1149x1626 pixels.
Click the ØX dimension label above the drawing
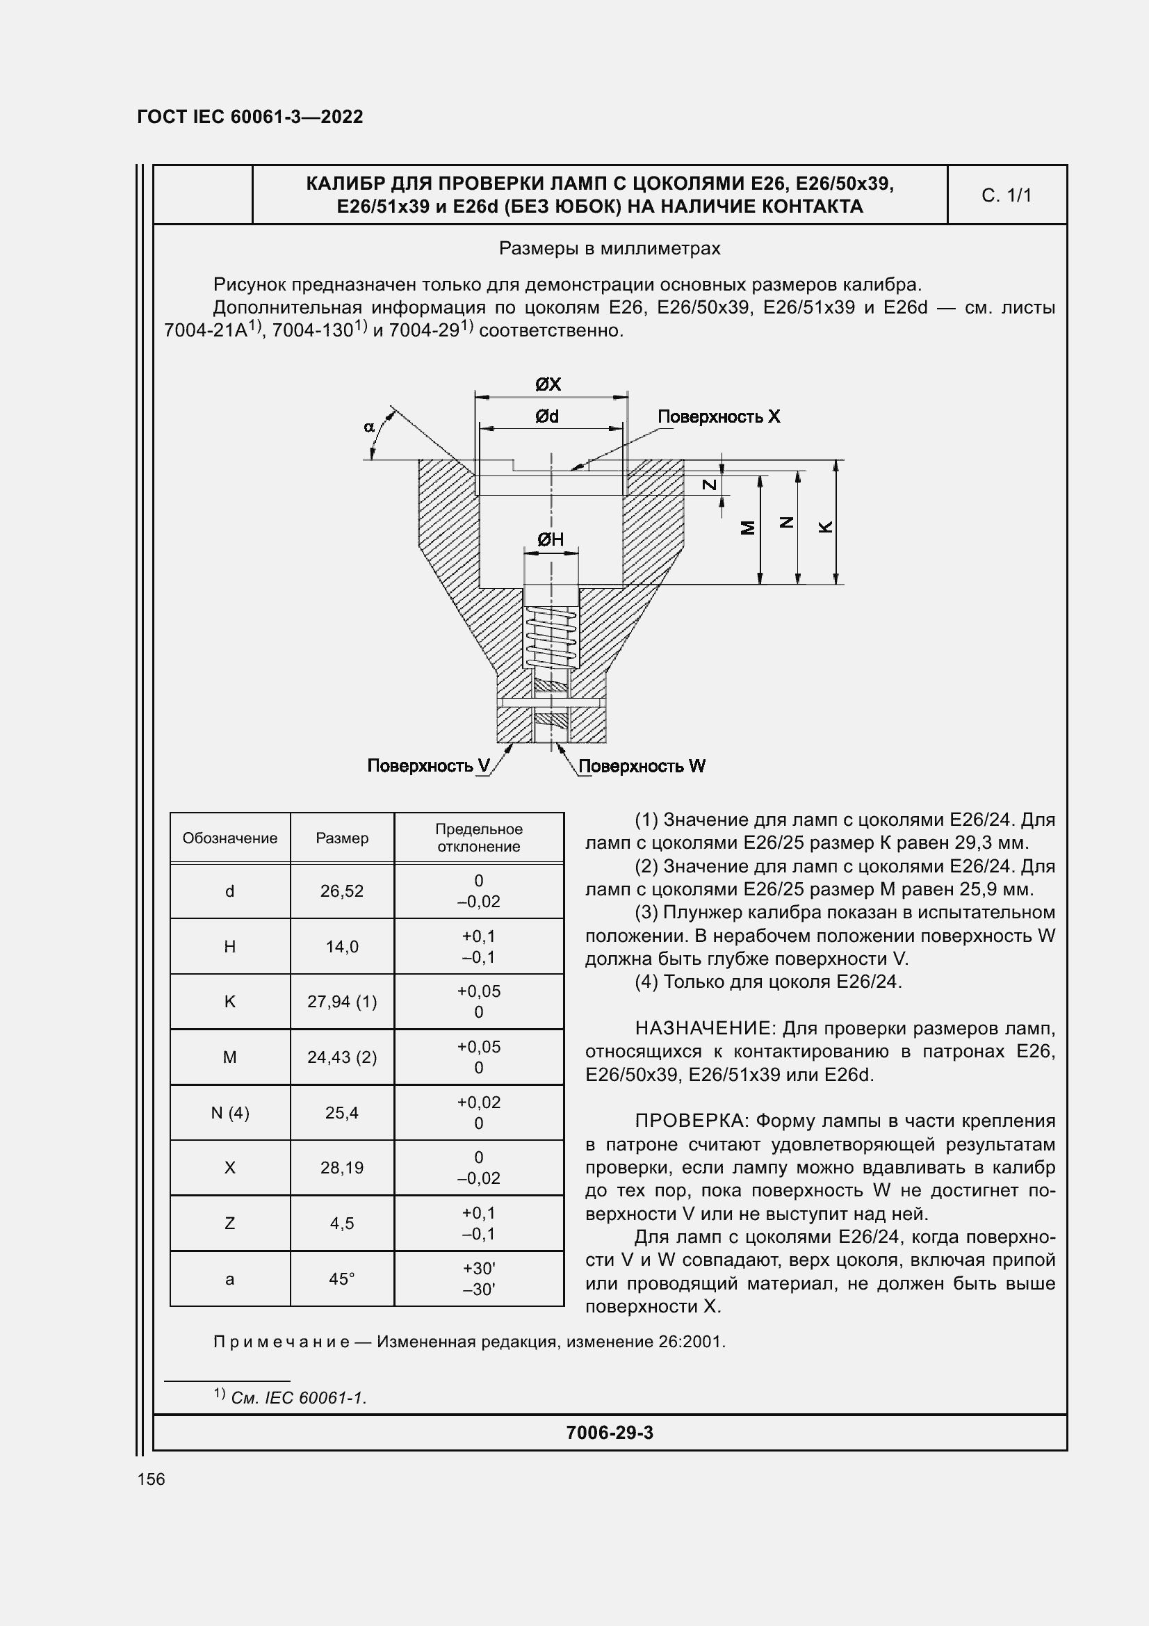pos(548,384)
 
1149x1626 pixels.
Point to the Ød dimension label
pos(546,416)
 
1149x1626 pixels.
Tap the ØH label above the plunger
pos(550,539)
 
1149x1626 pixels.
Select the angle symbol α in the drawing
pos(369,426)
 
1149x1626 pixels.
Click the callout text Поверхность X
pos(719,416)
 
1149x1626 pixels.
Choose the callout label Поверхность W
pos(642,766)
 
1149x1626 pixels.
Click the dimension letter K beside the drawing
pos(826,527)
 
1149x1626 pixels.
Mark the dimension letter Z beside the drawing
pos(709,485)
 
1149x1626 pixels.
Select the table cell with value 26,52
pos(341,891)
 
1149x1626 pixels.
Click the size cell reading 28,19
pos(341,1168)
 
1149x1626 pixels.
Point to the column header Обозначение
pos(229,838)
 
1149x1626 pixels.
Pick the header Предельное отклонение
pos(478,838)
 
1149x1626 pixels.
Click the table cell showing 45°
pos(341,1279)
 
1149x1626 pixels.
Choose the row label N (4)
pos(229,1112)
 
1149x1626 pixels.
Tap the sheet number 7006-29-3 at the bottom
pos(610,1433)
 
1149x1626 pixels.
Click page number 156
pos(151,1479)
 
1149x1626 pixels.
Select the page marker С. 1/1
pos(1006,195)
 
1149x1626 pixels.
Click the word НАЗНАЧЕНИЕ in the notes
pos(703,1028)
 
